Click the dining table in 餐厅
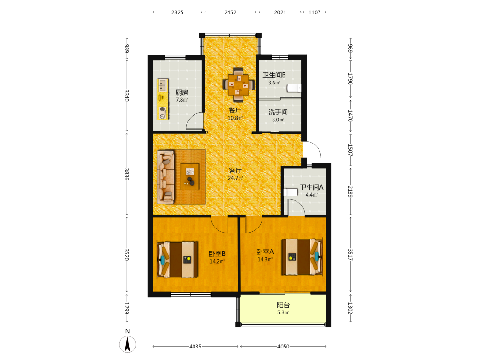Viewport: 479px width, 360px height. [239, 84]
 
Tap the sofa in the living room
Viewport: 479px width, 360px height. [166, 177]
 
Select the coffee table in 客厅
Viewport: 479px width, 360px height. [189, 176]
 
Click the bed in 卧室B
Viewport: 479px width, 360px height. [177, 260]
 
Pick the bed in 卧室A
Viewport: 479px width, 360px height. [302, 256]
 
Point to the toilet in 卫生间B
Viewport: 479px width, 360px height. [294, 88]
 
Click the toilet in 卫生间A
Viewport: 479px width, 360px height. [291, 192]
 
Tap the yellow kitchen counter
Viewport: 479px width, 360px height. [162, 99]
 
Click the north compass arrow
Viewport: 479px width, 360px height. [128, 344]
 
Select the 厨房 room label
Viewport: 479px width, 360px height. [182, 92]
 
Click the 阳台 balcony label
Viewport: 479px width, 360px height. [283, 305]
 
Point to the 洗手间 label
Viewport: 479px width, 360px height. [278, 112]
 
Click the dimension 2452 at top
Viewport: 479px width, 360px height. [230, 12]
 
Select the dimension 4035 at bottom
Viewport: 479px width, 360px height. [195, 346]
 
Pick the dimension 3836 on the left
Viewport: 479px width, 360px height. [127, 174]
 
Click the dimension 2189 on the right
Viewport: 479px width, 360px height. [350, 192]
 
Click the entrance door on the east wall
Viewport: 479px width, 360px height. [312, 149]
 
